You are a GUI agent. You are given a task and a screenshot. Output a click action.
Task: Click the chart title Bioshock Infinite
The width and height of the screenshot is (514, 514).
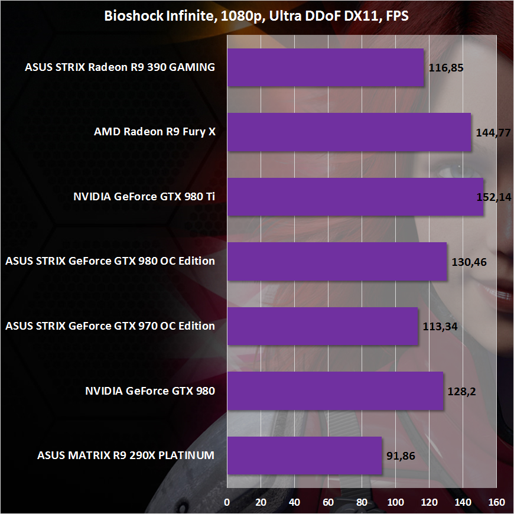257,16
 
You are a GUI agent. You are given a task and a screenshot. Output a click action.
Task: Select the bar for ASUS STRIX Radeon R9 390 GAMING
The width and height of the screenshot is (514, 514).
326,67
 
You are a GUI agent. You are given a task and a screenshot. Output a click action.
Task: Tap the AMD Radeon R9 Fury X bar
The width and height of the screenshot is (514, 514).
349,132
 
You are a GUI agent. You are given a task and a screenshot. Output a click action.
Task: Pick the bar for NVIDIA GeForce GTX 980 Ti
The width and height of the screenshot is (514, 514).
355,197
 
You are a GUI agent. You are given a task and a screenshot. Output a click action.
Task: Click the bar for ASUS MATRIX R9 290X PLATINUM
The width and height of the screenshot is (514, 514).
304,456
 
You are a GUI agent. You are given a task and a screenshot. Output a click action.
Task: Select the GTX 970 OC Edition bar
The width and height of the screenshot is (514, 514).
323,326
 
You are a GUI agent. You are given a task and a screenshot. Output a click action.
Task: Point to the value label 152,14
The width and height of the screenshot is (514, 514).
494,197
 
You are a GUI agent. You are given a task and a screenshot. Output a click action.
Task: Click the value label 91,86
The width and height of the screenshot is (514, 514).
399,456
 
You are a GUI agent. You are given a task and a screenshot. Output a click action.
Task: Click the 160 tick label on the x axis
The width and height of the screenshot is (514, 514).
497,502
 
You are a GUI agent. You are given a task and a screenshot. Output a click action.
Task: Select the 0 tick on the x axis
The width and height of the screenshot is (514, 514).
227,502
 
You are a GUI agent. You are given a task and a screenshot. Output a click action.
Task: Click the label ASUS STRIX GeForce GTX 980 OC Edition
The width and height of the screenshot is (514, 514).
109,261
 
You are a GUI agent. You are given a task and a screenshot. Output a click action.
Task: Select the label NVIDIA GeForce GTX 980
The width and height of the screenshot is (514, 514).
150,391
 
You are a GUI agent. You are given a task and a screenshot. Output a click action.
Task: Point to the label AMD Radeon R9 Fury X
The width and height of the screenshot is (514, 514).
155,132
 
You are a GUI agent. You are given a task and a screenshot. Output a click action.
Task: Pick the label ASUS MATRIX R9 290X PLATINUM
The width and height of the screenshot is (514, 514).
126,456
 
